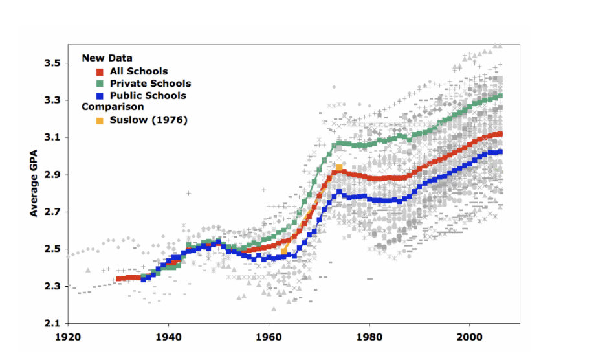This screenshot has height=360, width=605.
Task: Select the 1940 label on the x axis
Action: pyautogui.click(x=168, y=337)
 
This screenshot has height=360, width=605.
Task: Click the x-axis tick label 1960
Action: pyautogui.click(x=269, y=337)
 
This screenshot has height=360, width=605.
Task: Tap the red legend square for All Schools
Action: pyautogui.click(x=100, y=72)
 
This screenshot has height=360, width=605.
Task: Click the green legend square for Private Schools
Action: pyautogui.click(x=100, y=84)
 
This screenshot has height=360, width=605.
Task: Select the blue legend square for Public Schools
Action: pyautogui.click(x=100, y=96)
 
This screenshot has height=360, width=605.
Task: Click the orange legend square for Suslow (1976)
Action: pyautogui.click(x=100, y=120)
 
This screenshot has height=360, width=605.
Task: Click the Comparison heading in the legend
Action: pyautogui.click(x=113, y=107)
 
